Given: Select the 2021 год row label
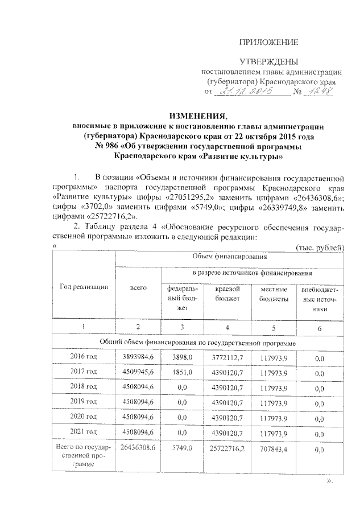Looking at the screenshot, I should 84,433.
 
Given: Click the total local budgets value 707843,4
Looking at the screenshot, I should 274,450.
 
